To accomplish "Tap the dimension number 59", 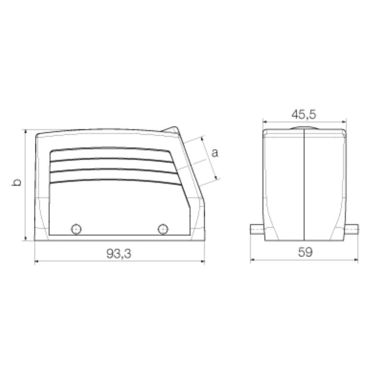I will [x=304, y=253].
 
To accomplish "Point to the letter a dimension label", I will [x=215, y=153].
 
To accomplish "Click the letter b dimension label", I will [x=17, y=182].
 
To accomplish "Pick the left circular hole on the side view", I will [x=76, y=229].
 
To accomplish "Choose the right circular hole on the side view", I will [x=163, y=229].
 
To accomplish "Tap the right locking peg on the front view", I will [x=353, y=229].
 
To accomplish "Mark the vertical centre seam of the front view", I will [x=304, y=187].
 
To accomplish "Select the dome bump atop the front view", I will [x=304, y=128].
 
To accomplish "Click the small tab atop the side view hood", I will [x=171, y=130].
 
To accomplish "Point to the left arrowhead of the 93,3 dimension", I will [x=37, y=262].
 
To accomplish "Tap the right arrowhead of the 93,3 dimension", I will [x=203, y=262].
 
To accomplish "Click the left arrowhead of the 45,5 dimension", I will [x=265, y=122].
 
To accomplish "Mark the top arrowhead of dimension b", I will [x=25, y=132].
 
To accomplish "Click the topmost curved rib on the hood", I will [x=110, y=149].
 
